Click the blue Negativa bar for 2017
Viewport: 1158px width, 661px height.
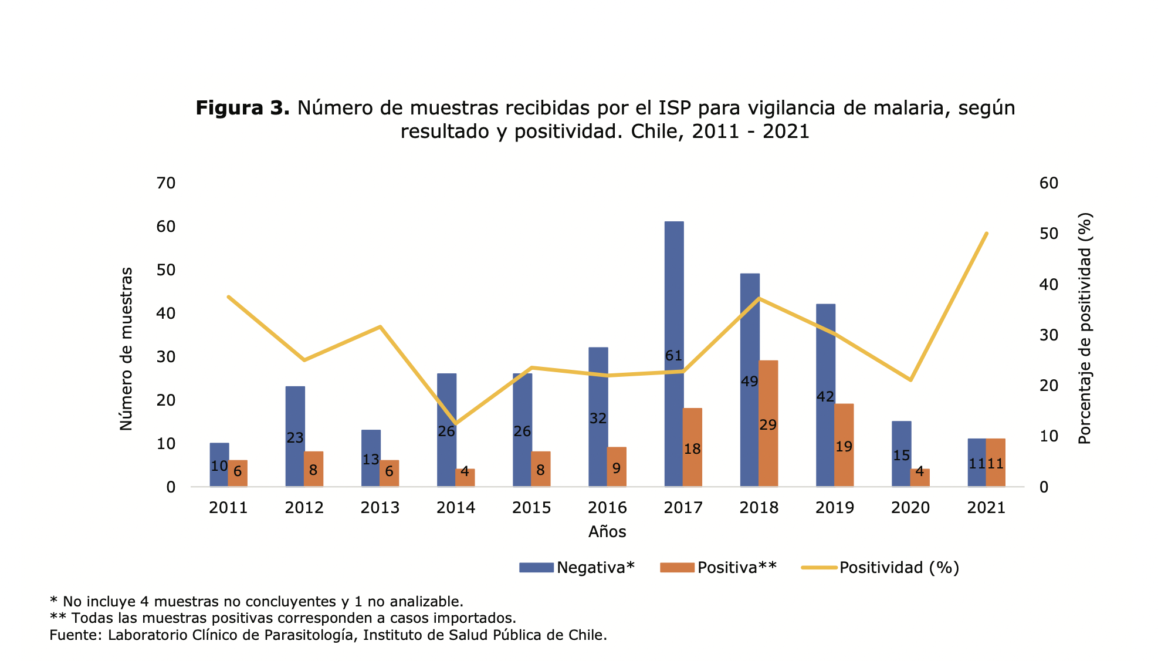point(673,294)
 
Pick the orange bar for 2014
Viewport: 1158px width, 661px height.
point(465,477)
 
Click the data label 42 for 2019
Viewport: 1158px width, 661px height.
point(825,397)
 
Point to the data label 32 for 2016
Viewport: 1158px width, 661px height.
point(598,419)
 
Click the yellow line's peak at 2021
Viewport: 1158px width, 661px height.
point(987,234)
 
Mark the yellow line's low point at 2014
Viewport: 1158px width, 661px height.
point(456,423)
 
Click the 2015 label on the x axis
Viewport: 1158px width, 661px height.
point(531,508)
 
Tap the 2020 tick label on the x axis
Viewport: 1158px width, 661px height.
point(910,508)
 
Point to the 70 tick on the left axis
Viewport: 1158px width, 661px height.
point(166,183)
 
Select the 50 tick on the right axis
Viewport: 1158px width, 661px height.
point(1049,234)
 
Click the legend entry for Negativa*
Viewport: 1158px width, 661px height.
point(595,568)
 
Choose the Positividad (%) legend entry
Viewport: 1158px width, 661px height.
point(899,568)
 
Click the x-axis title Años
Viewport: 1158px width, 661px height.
point(607,532)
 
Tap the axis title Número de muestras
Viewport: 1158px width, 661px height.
point(126,349)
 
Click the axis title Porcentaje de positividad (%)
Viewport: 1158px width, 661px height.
point(1085,329)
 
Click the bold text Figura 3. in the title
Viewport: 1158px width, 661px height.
point(242,108)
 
